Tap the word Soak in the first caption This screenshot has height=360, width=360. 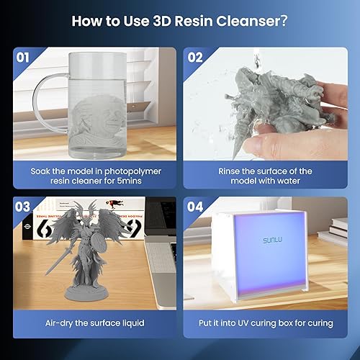coord(43,171)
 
